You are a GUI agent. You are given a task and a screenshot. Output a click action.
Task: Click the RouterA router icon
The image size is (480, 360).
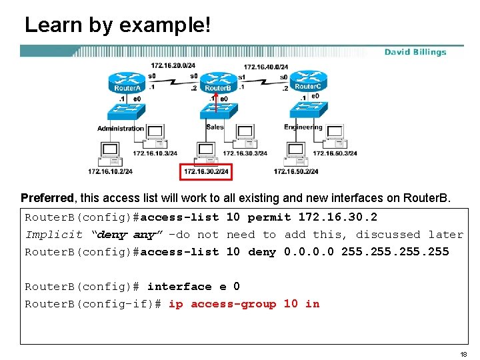127,83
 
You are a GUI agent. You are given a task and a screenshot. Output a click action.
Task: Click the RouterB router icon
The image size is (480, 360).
217,83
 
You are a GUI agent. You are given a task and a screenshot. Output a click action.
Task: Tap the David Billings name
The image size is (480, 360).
415,52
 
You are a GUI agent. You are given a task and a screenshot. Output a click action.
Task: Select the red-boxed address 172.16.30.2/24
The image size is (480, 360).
206,172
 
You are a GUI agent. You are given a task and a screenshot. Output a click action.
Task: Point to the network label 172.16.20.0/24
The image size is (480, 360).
173,66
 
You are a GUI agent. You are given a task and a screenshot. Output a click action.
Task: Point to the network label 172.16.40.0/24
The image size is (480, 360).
265,67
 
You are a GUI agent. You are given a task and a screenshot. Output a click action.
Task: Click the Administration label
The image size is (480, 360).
121,128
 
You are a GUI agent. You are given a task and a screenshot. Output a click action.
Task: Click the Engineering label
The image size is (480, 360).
303,127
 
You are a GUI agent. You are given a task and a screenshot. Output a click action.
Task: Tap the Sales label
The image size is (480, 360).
215,127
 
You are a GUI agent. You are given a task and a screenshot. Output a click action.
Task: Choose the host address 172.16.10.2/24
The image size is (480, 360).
110,172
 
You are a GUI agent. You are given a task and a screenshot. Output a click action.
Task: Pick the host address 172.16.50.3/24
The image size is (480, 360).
335,153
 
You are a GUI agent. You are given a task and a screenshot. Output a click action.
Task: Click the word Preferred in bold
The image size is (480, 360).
47,198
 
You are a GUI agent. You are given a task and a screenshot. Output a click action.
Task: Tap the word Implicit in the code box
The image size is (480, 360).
54,235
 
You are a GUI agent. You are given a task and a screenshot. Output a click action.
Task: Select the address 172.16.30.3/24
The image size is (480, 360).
245,153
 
